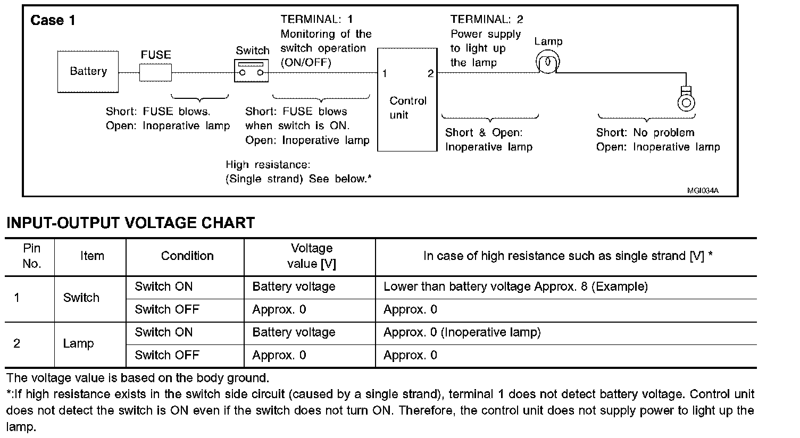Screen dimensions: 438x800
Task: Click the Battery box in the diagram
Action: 88,72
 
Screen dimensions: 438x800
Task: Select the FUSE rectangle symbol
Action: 155,73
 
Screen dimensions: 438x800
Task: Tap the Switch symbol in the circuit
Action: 252,71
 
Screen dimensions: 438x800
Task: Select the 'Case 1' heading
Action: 53,21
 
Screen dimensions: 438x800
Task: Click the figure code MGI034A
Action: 703,191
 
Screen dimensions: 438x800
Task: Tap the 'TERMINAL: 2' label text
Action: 487,20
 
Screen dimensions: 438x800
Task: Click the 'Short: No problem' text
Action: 645,133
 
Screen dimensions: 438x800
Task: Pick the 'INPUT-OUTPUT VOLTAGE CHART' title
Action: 130,223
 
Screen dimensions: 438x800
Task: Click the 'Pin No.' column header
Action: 31,256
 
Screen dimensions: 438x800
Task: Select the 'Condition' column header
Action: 187,256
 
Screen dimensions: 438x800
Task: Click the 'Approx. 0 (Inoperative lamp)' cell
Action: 462,332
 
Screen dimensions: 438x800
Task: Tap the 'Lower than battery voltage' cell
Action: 515,287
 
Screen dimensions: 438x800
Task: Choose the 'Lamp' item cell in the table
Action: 78,343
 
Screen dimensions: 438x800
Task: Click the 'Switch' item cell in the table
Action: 81,298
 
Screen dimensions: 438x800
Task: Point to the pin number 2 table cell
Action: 17,343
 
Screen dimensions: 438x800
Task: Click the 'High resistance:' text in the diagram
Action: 268,165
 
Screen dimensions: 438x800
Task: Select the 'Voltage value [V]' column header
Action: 311,256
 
